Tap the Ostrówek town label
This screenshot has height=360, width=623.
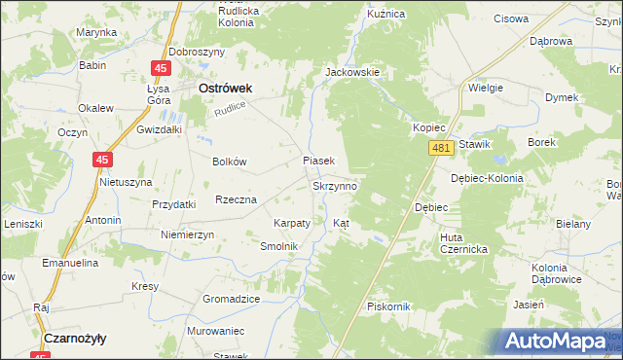pos(225,88)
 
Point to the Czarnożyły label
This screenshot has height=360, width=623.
pos(75,338)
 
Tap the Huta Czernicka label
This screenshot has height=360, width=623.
pos(463,242)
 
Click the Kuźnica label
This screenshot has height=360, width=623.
pos(385,15)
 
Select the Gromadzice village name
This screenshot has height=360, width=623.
pos(231,299)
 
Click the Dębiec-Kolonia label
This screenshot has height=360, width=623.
pos(488,178)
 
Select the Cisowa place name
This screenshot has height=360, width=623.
pos(511,18)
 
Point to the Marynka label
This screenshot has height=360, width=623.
pos(96,32)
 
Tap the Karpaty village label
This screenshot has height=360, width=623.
pos(292,223)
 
